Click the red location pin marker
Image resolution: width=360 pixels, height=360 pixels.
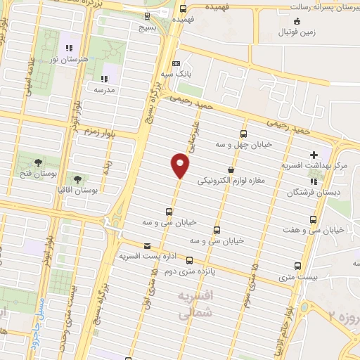coord(180,165)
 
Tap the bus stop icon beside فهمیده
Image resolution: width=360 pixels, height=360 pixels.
coord(183,9)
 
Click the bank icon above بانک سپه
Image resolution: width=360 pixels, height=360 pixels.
coord(177,63)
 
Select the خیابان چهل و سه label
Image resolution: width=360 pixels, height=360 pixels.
coord(244,145)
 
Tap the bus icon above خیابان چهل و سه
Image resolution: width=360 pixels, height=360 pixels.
coord(244,134)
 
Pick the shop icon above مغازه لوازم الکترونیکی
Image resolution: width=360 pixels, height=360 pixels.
coord(231,169)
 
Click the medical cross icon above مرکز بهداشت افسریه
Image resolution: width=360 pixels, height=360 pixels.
coord(314,155)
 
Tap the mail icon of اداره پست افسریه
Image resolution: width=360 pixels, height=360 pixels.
coord(146,245)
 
